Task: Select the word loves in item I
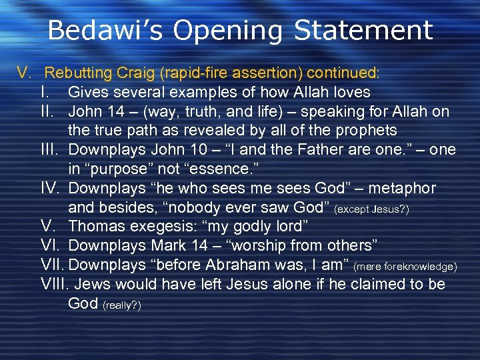(351, 92)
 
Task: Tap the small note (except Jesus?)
(372, 209)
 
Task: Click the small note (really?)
(121, 305)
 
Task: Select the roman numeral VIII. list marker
(55, 285)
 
